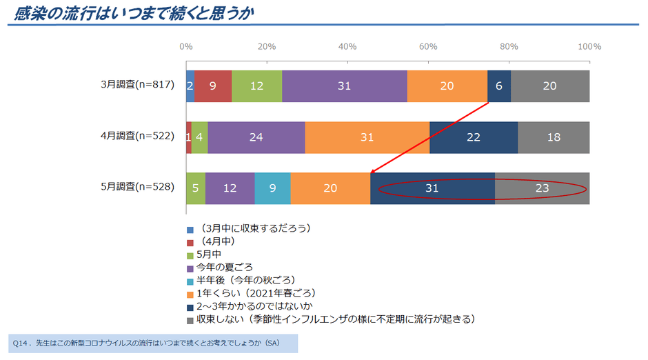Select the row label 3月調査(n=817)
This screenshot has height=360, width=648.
click(x=141, y=86)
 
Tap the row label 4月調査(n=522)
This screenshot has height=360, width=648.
click(x=141, y=137)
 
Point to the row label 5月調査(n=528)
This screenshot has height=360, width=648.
click(x=141, y=187)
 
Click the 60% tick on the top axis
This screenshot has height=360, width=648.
click(x=428, y=47)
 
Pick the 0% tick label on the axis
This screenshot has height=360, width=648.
click(x=186, y=47)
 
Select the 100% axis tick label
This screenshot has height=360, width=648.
click(x=589, y=47)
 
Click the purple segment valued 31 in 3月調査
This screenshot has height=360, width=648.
click(x=344, y=86)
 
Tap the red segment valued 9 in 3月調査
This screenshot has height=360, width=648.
click(x=212, y=86)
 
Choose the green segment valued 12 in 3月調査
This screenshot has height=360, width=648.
click(x=256, y=86)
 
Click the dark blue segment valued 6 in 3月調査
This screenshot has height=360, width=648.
click(x=499, y=86)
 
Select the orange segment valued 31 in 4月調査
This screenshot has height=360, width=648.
click(x=367, y=137)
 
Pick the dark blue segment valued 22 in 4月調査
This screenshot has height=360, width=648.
click(x=474, y=137)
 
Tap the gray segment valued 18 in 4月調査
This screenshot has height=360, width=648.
click(x=554, y=137)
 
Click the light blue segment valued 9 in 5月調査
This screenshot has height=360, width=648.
click(x=272, y=187)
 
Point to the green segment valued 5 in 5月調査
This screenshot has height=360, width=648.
click(x=196, y=187)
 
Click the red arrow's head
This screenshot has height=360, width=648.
click(x=372, y=172)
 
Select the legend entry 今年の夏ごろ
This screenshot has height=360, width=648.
click(x=224, y=267)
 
